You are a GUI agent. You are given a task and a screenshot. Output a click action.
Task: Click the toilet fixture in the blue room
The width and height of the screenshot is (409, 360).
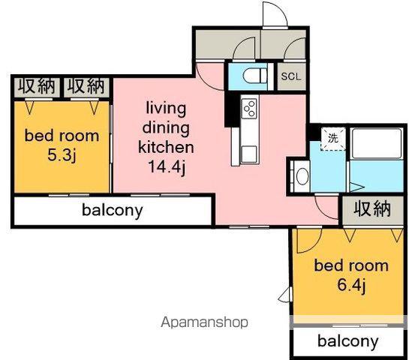[255, 76]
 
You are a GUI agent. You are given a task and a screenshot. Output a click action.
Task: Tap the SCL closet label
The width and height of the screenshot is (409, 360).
[291, 76]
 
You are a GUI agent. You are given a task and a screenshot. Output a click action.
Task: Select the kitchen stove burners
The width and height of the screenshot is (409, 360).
[249, 109]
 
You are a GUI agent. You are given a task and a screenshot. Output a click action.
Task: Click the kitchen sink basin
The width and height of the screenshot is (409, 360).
[248, 154]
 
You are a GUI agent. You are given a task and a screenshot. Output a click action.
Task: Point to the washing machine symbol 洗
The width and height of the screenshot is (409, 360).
[333, 138]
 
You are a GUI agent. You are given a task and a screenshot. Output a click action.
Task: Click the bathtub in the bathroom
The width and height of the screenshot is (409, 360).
[377, 143]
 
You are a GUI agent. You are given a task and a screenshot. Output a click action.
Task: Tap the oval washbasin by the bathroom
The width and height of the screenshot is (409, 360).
[302, 176]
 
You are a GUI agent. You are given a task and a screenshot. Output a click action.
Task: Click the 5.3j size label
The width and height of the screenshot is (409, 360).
[62, 155]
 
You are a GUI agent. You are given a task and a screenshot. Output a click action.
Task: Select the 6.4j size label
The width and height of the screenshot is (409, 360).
[351, 285]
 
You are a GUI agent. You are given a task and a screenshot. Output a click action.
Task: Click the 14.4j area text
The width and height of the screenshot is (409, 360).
[167, 166]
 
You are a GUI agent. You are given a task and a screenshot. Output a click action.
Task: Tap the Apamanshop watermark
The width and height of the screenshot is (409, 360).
[204, 322]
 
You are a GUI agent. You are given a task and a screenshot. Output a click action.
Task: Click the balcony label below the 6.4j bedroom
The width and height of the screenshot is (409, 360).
[348, 340]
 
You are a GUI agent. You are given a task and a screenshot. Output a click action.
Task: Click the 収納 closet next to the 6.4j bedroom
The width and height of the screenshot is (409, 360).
[372, 208]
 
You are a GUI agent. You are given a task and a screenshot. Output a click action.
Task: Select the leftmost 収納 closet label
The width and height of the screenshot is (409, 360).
[37, 86]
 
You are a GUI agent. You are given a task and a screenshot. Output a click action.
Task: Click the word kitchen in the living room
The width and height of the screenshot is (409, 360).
[166, 147]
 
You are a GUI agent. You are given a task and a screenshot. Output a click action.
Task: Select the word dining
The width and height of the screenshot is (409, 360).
[166, 128]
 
